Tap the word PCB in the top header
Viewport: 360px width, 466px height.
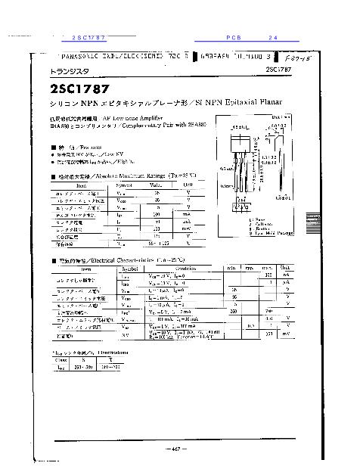(232, 37)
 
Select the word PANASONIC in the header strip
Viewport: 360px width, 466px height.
(83, 55)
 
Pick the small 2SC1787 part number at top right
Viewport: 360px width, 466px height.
(281, 70)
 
